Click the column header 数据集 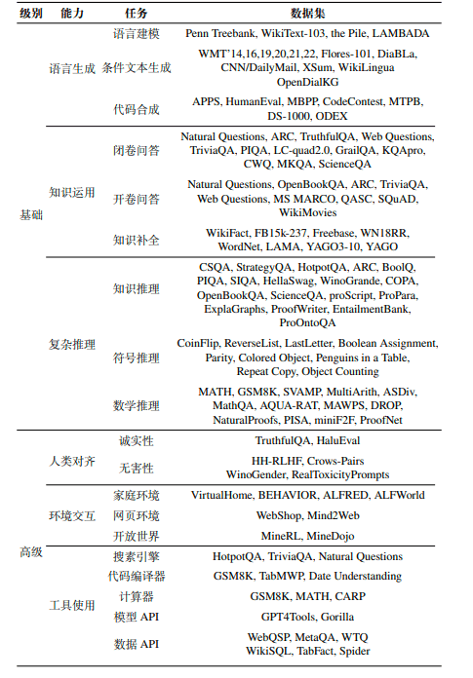tap(308, 13)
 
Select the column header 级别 tap(31, 13)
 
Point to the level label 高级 tap(31, 552)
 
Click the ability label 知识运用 tap(72, 192)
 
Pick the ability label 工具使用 tap(72, 605)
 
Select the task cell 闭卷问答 tap(136, 150)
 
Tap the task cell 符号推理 tap(136, 358)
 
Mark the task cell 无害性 tap(136, 468)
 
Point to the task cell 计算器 tap(136, 595)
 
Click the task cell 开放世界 tap(136, 536)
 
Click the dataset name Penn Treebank tap(225, 33)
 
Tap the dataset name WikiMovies tap(308, 211)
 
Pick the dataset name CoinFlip tap(199, 344)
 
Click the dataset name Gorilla tap(336, 617)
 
